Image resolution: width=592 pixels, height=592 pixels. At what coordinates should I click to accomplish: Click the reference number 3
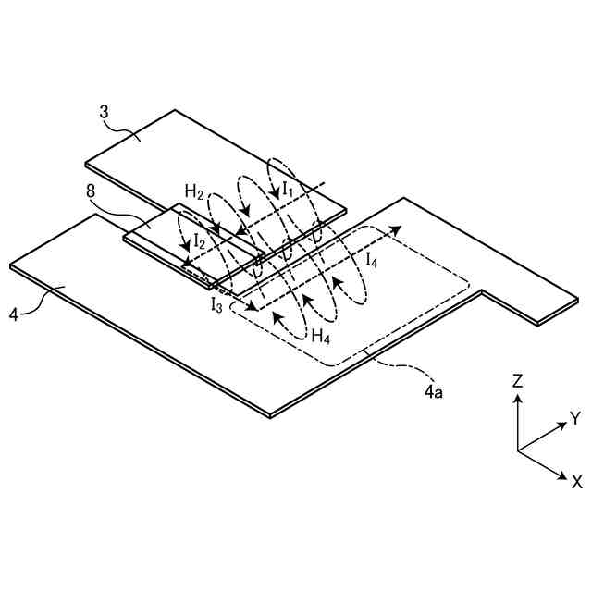[x=105, y=112]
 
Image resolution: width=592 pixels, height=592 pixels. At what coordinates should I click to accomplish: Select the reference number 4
[x=15, y=314]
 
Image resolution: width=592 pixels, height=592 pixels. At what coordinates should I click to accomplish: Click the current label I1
[x=289, y=189]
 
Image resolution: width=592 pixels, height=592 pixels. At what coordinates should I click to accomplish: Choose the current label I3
[x=216, y=303]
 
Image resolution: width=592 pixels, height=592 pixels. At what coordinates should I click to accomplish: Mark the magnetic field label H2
[x=193, y=191]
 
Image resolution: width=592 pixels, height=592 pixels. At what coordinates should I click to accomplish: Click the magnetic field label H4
[x=321, y=336]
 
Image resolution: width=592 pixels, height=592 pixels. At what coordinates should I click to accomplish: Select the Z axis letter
[x=518, y=379]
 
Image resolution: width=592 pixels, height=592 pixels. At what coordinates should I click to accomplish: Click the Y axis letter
[x=574, y=417]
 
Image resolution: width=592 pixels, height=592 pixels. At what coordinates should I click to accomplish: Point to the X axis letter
[x=576, y=481]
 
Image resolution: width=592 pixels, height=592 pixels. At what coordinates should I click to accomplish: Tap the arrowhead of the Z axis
[x=518, y=398]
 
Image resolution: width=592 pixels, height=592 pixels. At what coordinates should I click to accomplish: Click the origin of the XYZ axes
[x=518, y=450]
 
